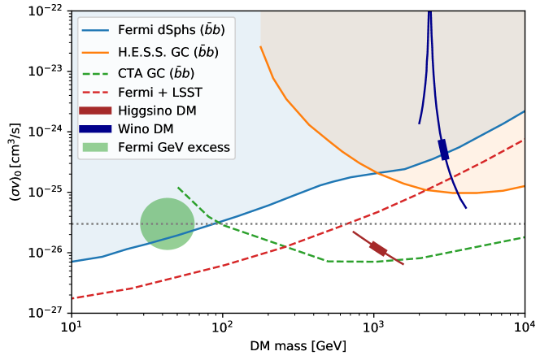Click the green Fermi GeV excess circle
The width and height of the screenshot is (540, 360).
167,223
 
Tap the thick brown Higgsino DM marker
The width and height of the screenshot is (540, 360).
378,248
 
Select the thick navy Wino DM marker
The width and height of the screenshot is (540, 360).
443,150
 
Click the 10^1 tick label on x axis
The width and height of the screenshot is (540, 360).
72,326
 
